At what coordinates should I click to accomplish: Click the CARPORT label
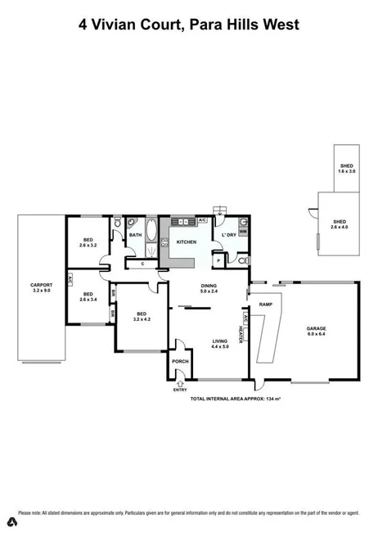[x=41, y=286]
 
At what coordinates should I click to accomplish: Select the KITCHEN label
[x=186, y=242]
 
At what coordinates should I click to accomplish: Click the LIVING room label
[x=219, y=342]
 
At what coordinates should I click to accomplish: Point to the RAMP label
[x=265, y=304]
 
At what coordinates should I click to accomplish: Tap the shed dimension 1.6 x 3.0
[x=347, y=171]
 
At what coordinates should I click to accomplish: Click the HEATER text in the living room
[x=241, y=334]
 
